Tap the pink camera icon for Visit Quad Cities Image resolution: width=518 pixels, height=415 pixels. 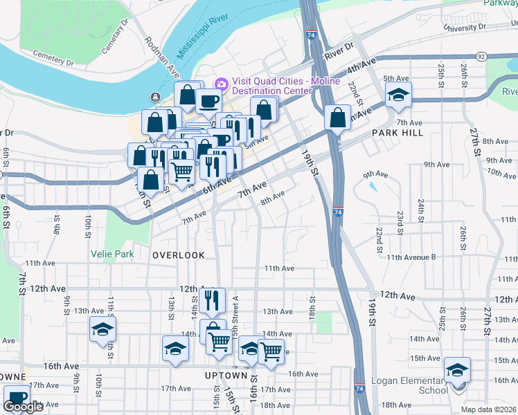click(x=222, y=84)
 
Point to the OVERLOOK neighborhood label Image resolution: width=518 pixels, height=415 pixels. click(x=179, y=255)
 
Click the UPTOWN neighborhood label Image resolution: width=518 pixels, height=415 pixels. click(x=226, y=375)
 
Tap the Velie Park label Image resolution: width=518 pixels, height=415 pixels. click(x=112, y=254)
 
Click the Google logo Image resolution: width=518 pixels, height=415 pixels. click(x=23, y=407)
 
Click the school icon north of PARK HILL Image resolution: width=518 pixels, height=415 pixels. click(x=398, y=95)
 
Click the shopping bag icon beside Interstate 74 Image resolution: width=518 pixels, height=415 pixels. click(x=337, y=117)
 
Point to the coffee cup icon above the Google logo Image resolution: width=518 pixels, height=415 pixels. click(x=17, y=396)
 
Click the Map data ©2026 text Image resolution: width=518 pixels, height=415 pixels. click(x=489, y=409)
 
